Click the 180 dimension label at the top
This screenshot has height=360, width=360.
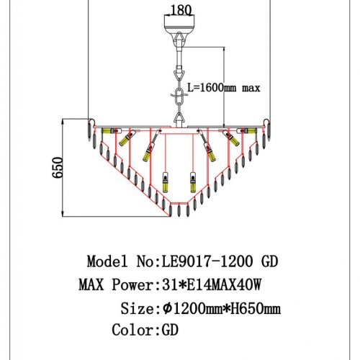pyautogui.click(x=181, y=10)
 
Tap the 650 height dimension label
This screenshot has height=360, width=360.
pyautogui.click(x=58, y=167)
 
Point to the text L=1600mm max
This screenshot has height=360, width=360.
pyautogui.click(x=224, y=88)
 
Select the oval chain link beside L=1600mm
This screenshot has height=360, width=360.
pyautogui.click(x=179, y=96)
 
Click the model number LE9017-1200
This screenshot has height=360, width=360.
pyautogui.click(x=207, y=261)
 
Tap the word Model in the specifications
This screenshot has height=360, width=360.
pyautogui.click(x=107, y=261)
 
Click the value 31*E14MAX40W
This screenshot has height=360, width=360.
pyautogui.click(x=212, y=285)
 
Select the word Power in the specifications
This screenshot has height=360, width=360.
pyautogui.click(x=132, y=285)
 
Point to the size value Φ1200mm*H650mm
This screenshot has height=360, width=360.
pyautogui.click(x=222, y=308)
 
